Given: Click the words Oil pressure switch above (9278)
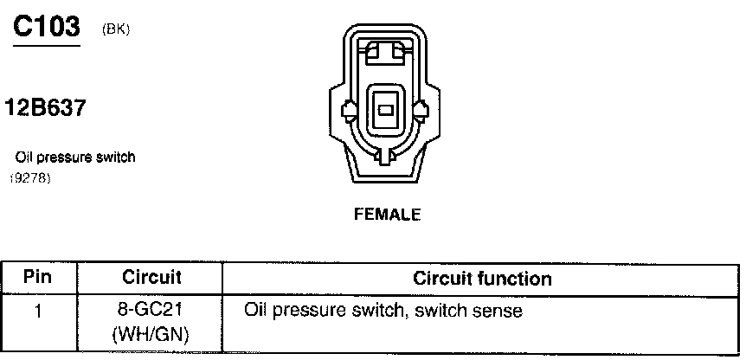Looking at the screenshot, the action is (76, 158).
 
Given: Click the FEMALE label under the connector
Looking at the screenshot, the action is (387, 215).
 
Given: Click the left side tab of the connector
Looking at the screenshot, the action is (350, 111).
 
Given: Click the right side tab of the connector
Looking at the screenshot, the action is (422, 111).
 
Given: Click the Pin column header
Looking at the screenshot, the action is (37, 278).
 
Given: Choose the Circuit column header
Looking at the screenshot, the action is (151, 278).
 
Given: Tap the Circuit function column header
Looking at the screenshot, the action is (482, 279).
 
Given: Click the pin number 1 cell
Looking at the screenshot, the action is (37, 310).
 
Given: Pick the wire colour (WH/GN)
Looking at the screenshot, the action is (151, 332).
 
